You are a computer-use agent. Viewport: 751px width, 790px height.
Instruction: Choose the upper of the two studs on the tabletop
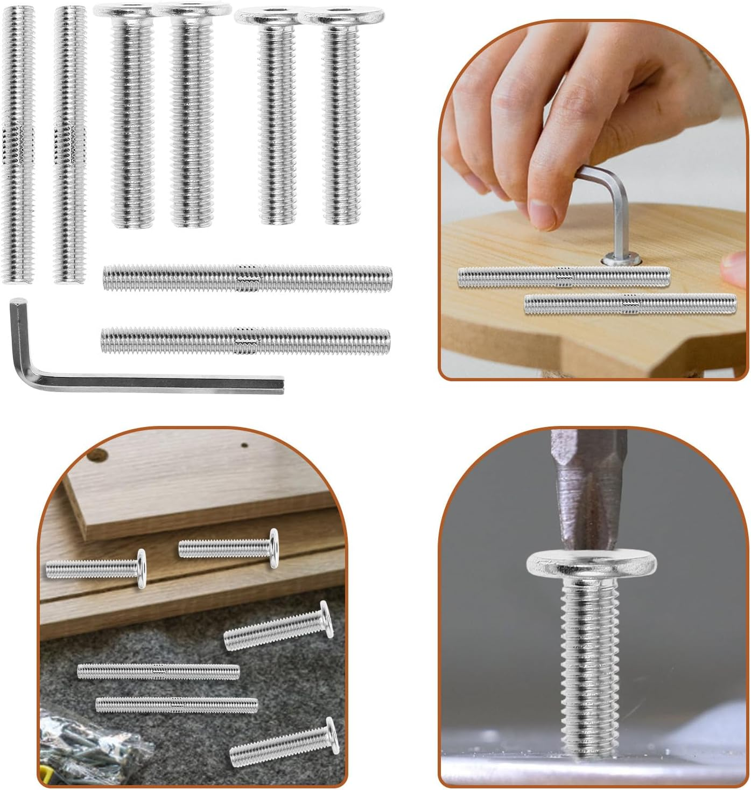click(564, 277)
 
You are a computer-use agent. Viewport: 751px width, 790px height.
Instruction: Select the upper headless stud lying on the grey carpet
click(158, 671)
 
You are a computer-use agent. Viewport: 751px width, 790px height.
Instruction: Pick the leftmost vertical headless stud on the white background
click(18, 144)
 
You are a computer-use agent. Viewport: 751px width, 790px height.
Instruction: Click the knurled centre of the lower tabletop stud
click(628, 304)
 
